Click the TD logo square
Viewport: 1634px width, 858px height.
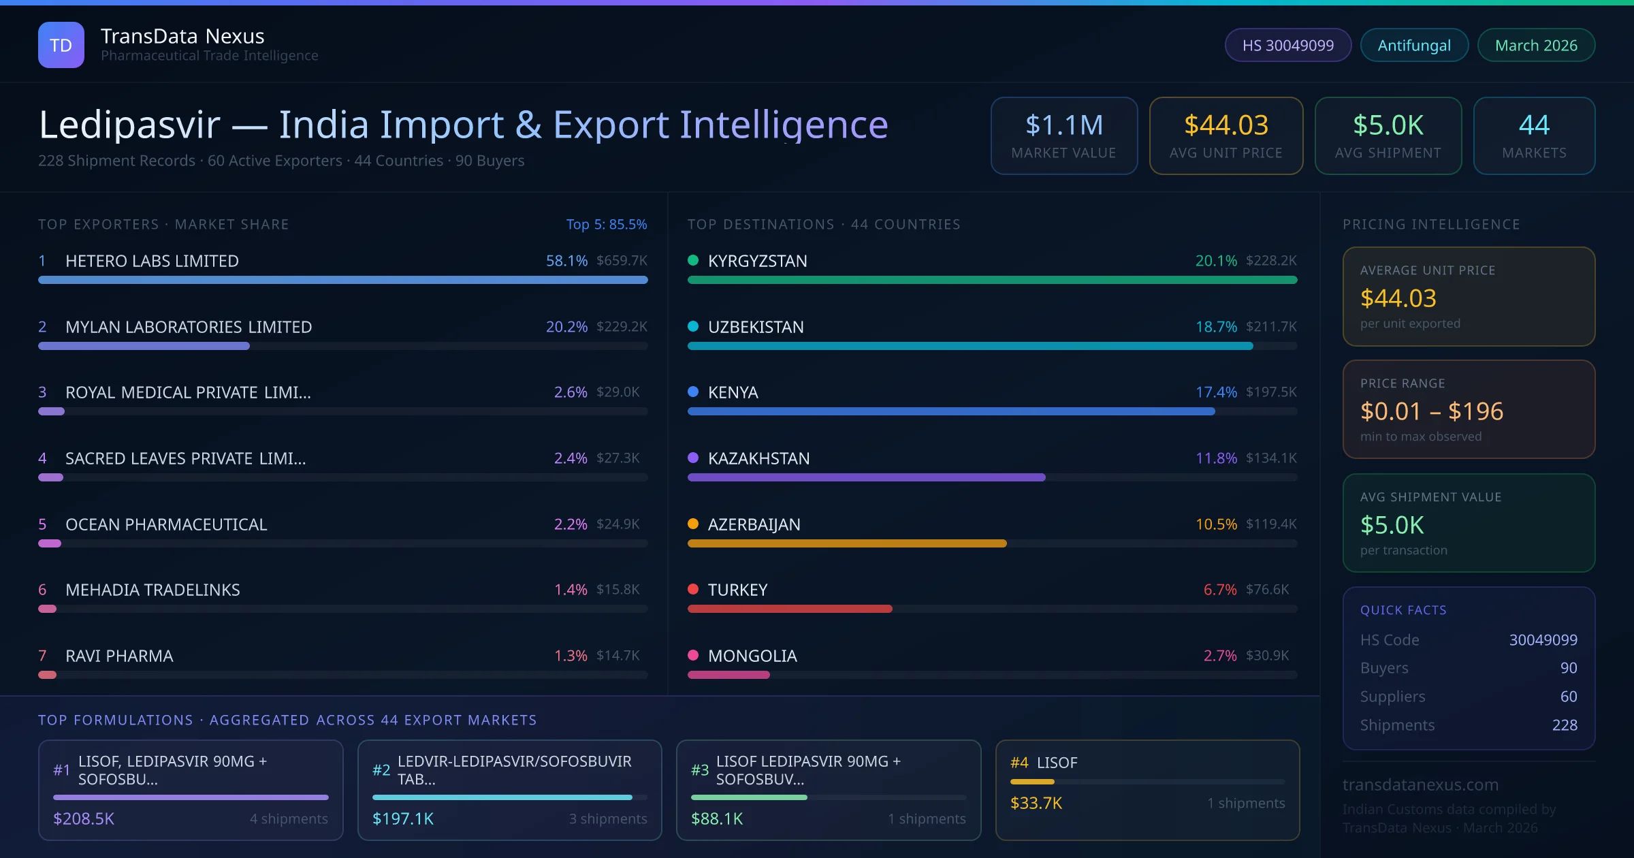[61, 45]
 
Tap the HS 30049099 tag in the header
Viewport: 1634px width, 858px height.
[1287, 45]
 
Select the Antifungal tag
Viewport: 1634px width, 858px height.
[1413, 45]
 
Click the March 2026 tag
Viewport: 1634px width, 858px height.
[1535, 45]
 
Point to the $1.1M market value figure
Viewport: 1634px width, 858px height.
[1063, 125]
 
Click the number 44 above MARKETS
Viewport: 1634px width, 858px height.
[1533, 125]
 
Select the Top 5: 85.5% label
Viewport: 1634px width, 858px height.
[606, 224]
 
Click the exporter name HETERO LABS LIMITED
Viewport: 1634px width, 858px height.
[152, 261]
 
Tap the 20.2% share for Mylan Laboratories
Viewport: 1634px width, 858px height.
[566, 327]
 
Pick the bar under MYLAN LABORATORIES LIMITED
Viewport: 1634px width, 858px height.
[144, 346]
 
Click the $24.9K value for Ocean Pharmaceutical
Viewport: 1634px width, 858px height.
[618, 524]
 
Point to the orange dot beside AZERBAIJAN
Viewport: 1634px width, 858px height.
[693, 524]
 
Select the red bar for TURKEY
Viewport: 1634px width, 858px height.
[789, 609]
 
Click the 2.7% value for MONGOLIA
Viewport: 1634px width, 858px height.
[1219, 656]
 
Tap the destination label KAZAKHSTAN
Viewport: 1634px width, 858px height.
[758, 458]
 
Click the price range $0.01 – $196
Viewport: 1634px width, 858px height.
[1431, 411]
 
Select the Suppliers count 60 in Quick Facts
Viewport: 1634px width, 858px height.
[1568, 697]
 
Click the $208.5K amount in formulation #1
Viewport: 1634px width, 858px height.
[84, 819]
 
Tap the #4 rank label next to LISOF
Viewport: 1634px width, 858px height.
[1019, 763]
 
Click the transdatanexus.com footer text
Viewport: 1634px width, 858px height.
[1420, 784]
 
